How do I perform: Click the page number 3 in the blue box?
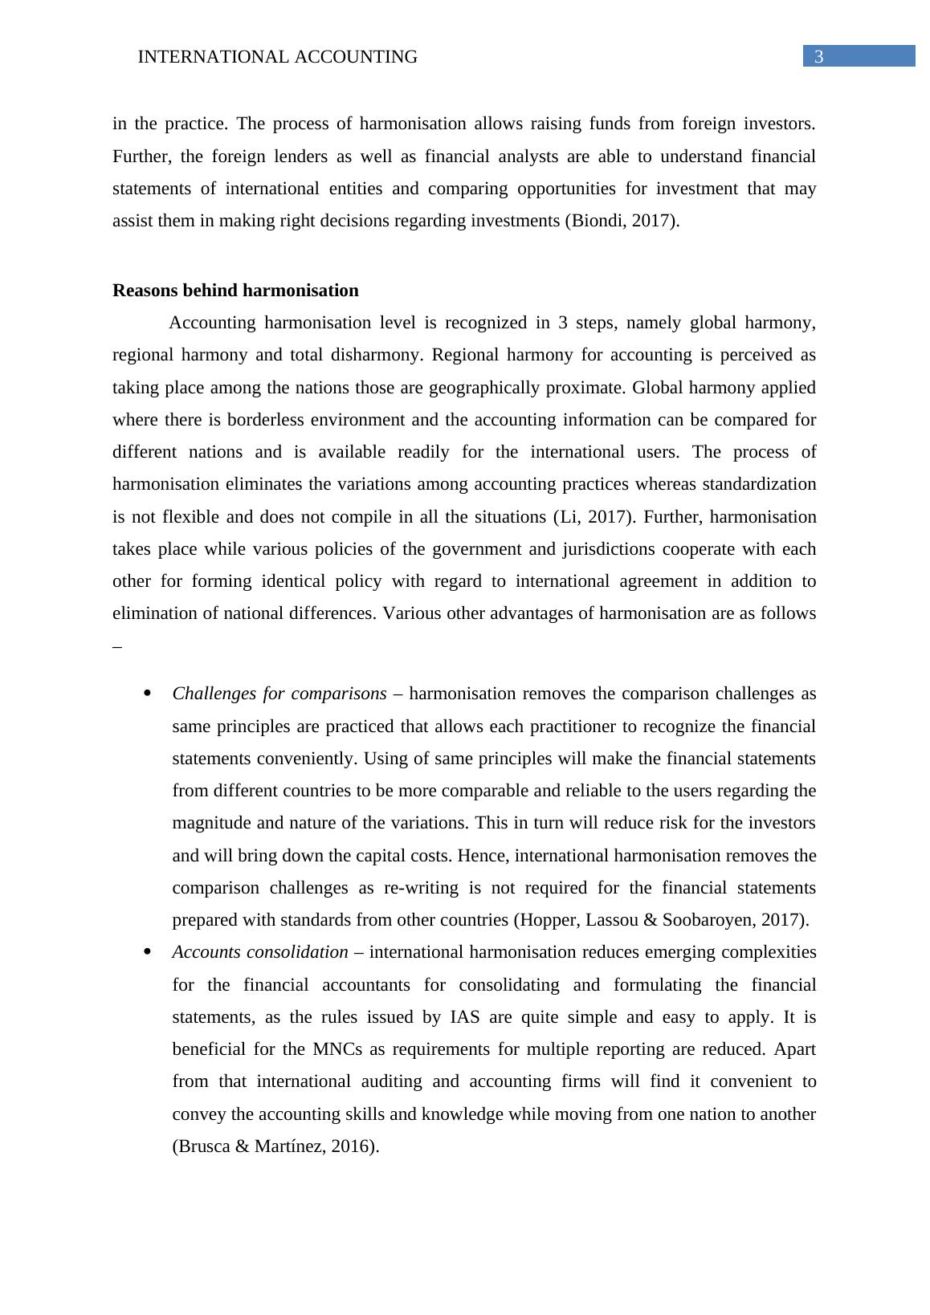819,56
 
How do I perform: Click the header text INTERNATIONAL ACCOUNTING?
278,57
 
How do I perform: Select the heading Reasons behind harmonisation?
235,290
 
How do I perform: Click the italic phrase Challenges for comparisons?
279,693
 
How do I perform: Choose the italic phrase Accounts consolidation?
260,952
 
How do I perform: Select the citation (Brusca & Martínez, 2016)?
275,1146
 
